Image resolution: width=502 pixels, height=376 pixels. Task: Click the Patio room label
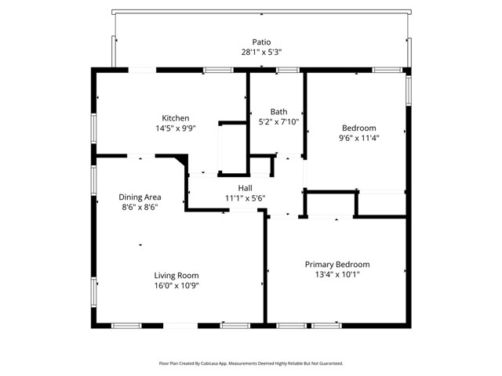[262, 42]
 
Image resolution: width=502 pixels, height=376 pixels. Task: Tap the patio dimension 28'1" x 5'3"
[262, 52]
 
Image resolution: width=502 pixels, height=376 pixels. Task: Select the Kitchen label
[176, 118]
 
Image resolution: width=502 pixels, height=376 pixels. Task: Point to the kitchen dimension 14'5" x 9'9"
[176, 128]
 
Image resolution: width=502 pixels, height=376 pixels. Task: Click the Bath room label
[278, 111]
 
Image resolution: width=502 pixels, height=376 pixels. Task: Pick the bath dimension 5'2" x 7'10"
[278, 121]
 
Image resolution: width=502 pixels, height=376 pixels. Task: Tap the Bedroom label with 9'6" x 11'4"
[358, 128]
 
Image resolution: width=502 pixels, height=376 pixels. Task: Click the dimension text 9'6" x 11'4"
[358, 138]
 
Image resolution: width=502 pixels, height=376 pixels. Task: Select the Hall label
[246, 188]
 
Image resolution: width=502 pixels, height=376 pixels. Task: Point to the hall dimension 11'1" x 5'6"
[246, 198]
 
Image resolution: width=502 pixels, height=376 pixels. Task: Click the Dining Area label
[140, 197]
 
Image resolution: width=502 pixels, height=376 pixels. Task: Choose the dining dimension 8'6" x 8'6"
[140, 207]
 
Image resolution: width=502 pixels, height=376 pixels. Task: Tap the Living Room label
[176, 275]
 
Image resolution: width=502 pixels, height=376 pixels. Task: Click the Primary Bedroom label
[337, 264]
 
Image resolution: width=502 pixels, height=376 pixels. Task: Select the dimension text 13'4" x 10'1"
[337, 274]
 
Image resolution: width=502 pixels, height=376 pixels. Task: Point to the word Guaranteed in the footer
[330, 363]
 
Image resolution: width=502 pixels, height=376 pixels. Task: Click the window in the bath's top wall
[287, 70]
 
